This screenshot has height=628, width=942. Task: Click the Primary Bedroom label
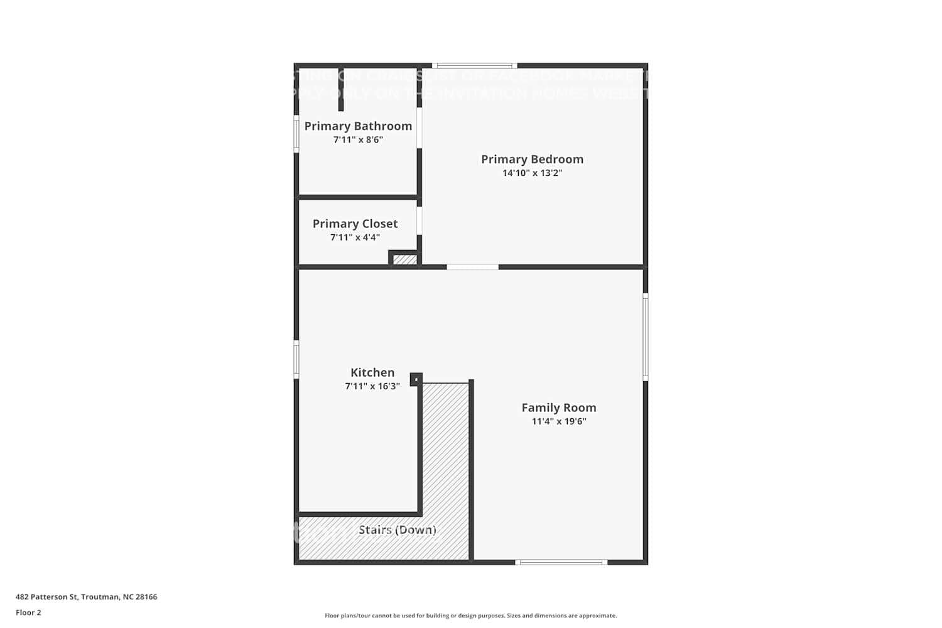(532, 160)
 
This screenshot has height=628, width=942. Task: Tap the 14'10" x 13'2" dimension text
(532, 173)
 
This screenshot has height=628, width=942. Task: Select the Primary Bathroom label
(358, 126)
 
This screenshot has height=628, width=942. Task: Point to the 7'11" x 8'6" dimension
(358, 140)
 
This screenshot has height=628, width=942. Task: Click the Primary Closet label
(355, 224)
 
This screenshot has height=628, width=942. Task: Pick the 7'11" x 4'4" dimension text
(355, 237)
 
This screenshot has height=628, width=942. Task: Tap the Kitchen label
(372, 372)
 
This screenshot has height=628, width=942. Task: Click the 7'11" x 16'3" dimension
(372, 386)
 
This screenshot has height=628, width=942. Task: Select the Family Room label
(559, 408)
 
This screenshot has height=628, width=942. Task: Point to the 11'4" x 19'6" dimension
(559, 421)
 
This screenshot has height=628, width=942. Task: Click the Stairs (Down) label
(398, 530)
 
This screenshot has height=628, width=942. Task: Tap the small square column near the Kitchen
(416, 379)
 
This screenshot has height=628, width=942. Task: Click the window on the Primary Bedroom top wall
(475, 65)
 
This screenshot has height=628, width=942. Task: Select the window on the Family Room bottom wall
(561, 562)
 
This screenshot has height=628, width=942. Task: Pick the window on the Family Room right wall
(646, 337)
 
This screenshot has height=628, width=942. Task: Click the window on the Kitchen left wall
(296, 359)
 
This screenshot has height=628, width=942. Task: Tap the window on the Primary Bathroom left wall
(296, 134)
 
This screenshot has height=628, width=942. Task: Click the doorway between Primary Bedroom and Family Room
(472, 267)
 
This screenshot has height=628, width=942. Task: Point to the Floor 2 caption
(28, 613)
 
